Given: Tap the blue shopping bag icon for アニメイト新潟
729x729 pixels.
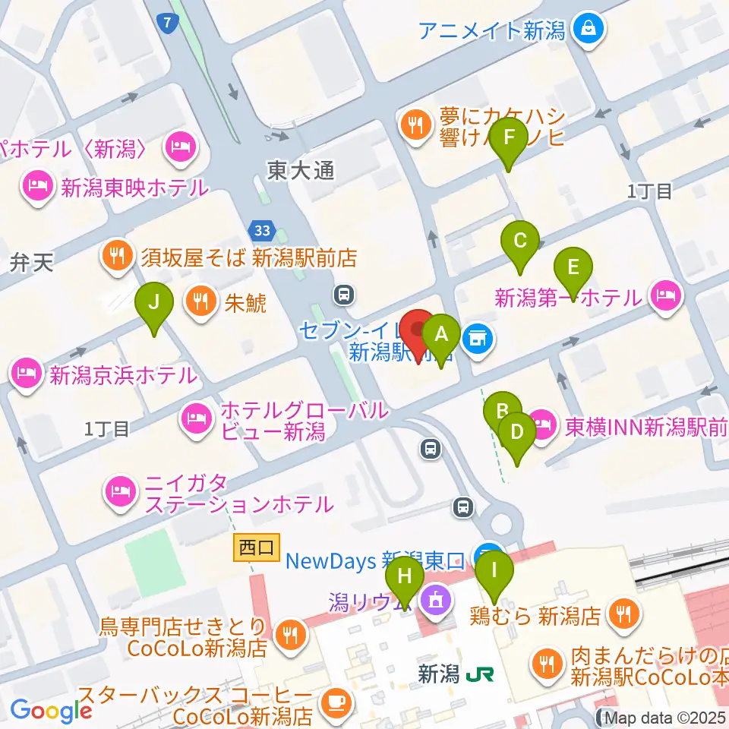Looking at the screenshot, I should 589,30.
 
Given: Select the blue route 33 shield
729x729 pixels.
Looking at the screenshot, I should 259,229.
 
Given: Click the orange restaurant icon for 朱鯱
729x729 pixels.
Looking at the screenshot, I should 201,302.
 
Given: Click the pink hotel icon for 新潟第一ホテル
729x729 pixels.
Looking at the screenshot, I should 665,292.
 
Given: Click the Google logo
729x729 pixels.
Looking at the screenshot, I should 51,710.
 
